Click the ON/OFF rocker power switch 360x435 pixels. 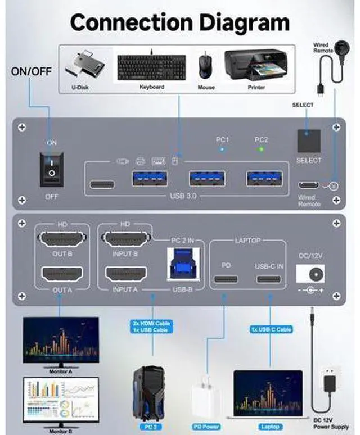point(52,168)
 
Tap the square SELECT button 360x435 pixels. point(309,141)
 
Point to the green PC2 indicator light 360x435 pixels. point(260,149)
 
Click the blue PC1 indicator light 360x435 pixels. point(222,149)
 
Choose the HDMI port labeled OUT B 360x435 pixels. point(62,241)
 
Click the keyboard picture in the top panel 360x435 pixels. point(151,66)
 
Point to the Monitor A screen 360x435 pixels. point(61,341)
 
